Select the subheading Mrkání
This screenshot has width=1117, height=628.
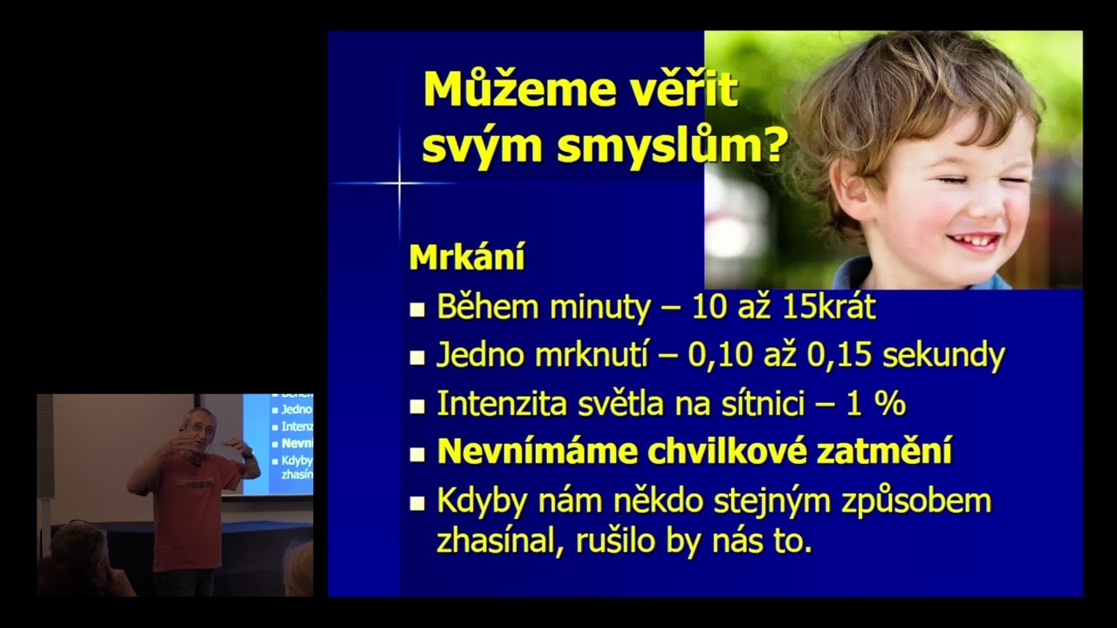pyautogui.click(x=467, y=258)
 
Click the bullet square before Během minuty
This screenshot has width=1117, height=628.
pyautogui.click(x=418, y=309)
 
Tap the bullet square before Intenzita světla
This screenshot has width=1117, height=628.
pyautogui.click(x=418, y=406)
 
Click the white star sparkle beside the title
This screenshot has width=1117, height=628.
pyautogui.click(x=400, y=183)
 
